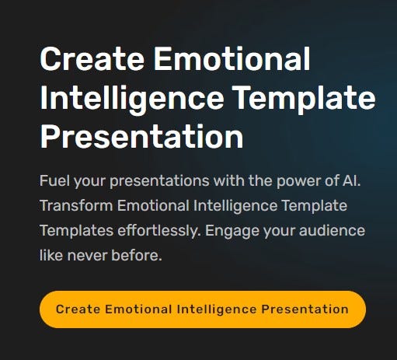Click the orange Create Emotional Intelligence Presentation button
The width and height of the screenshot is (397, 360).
[x=202, y=309]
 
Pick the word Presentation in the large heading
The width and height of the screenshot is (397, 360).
[x=141, y=138]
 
